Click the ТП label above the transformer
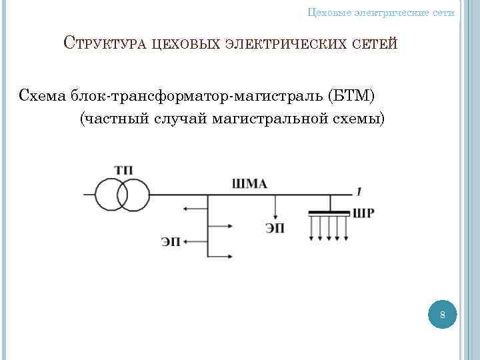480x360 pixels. [x=123, y=170]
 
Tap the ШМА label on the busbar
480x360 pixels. [x=250, y=184]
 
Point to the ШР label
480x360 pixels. [x=363, y=214]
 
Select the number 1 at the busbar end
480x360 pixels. [x=359, y=192]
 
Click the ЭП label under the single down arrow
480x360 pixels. [x=275, y=229]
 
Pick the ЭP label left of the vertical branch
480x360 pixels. [x=171, y=241]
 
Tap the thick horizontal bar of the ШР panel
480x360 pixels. [x=329, y=213]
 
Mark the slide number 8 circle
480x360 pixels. [x=441, y=314]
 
